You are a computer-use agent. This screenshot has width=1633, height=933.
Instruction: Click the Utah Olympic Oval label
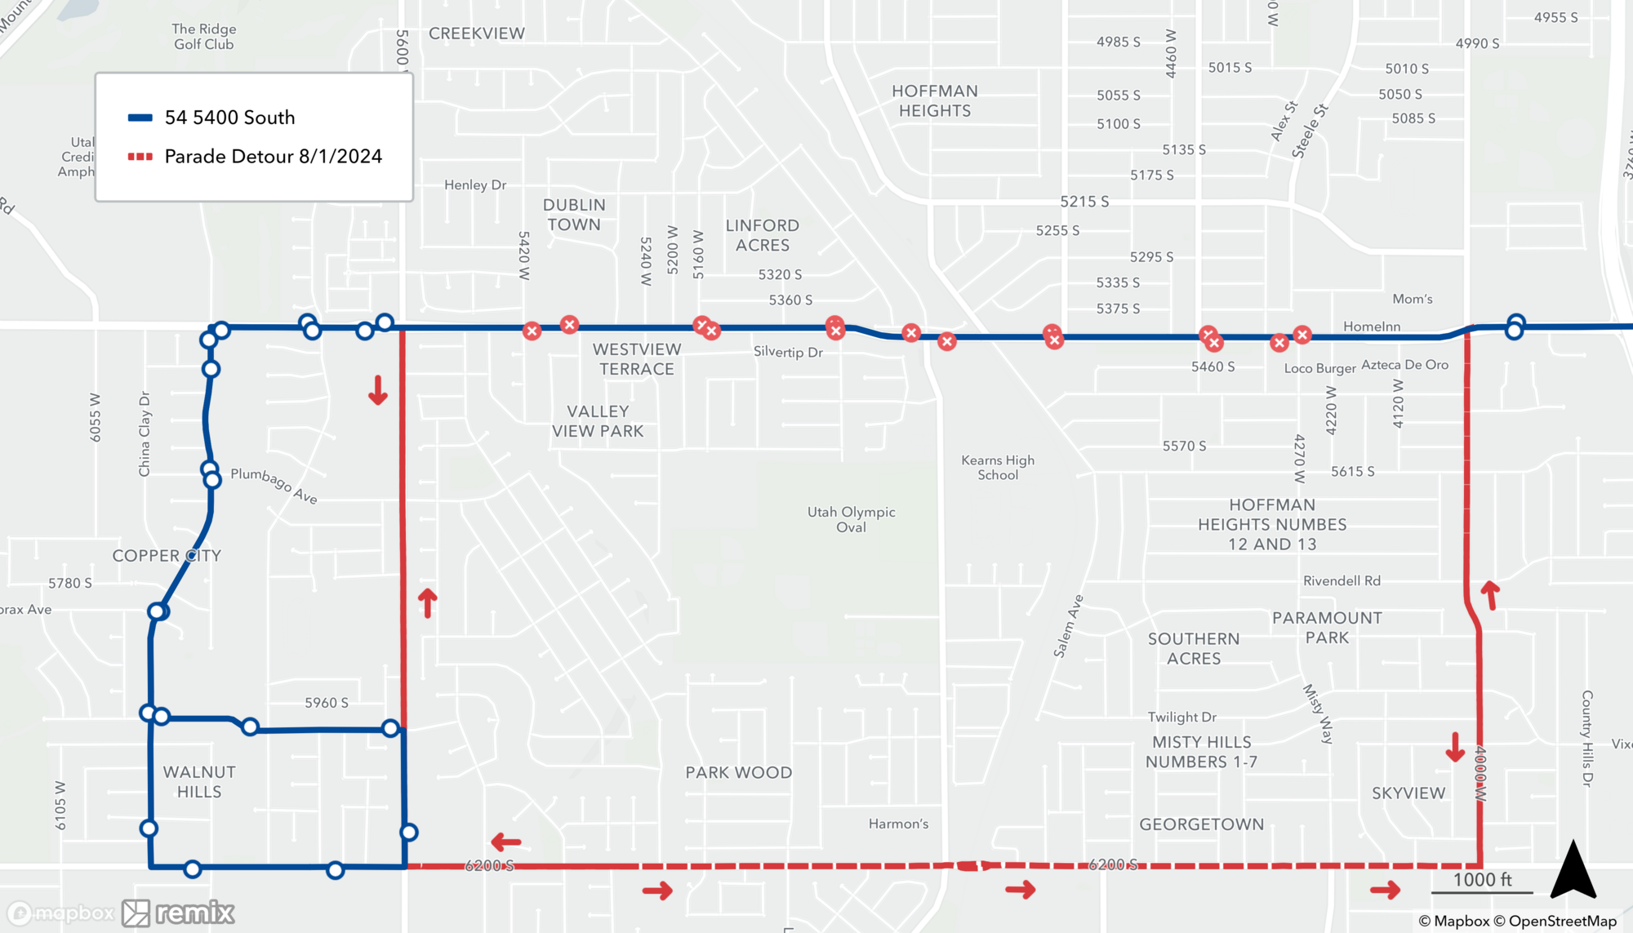(x=851, y=519)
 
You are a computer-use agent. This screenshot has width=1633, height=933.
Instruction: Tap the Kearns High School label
(x=997, y=468)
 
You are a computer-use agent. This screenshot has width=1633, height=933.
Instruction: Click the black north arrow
(x=1573, y=870)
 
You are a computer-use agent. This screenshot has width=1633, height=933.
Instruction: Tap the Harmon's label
(x=898, y=824)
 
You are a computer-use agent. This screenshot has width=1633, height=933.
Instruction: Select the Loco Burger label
(x=1319, y=368)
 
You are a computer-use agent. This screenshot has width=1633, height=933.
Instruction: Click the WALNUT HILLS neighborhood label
(x=199, y=782)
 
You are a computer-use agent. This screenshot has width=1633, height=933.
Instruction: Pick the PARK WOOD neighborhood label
(x=738, y=773)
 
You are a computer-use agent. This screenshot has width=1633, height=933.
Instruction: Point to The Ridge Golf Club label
(x=204, y=37)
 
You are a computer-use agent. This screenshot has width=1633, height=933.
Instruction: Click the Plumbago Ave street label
(x=274, y=485)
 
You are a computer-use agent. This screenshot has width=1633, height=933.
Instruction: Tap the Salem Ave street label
(x=1068, y=626)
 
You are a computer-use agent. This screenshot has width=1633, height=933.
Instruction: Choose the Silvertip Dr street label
(x=788, y=352)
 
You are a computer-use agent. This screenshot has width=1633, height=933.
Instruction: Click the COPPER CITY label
(x=167, y=556)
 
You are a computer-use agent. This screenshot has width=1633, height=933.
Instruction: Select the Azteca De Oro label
(x=1404, y=365)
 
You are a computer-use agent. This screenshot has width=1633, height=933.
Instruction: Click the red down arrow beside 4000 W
(x=1455, y=747)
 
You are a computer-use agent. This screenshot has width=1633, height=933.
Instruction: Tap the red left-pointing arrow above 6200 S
(x=506, y=842)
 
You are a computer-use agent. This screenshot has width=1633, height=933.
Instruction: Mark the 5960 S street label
(x=327, y=703)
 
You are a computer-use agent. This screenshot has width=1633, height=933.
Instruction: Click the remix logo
(x=180, y=913)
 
